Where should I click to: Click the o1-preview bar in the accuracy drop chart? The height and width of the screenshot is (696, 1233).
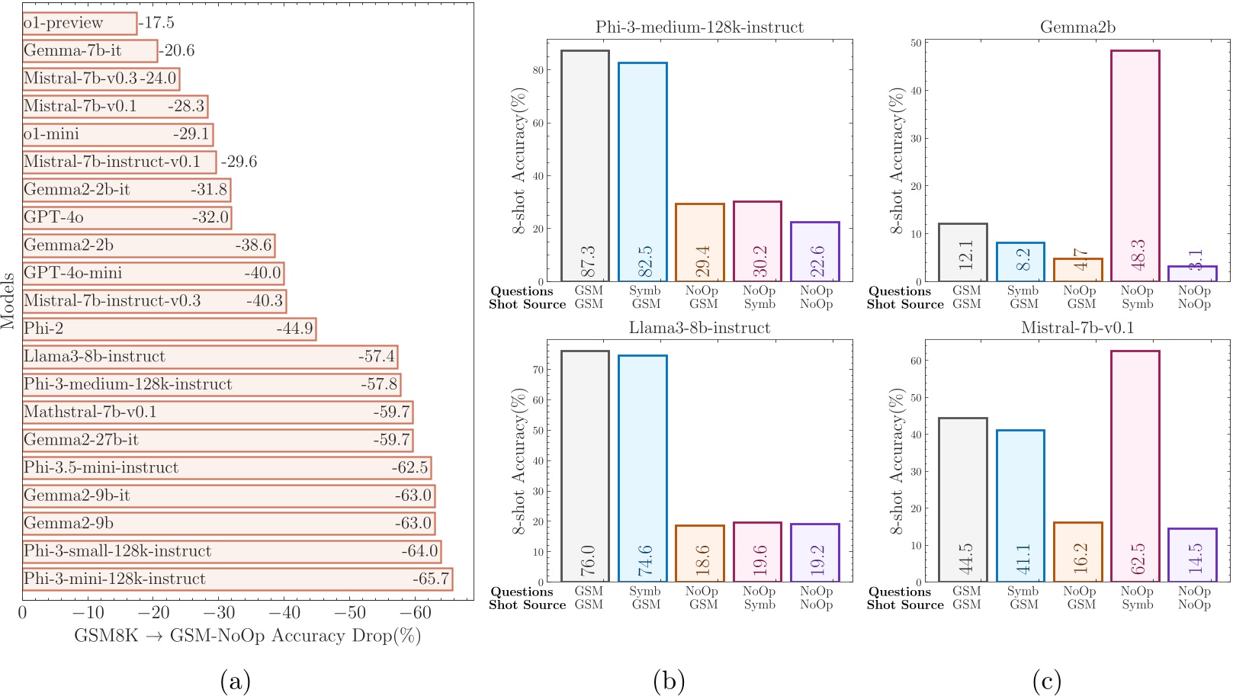pos(79,23)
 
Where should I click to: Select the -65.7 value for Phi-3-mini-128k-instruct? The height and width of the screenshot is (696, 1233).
pos(431,579)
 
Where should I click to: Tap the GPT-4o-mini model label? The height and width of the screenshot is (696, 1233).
pos(72,273)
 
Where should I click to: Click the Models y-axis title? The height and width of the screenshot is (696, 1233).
pos(8,300)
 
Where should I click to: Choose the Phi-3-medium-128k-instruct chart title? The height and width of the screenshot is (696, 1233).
pos(699,27)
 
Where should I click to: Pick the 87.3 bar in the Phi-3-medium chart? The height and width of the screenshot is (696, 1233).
pos(585,166)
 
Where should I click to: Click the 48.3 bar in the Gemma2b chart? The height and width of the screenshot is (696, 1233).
pos(1135,166)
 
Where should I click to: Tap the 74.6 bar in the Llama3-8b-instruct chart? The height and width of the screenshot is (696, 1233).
pos(642,469)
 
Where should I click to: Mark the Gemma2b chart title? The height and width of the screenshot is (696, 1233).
pos(1077,27)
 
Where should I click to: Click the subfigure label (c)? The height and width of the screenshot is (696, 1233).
pos(1046,681)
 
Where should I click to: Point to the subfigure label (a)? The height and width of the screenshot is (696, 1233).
pos(235,681)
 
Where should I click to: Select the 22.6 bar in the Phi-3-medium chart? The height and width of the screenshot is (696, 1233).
pos(814,252)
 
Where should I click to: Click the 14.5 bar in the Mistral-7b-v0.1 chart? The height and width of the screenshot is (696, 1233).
pos(1192,555)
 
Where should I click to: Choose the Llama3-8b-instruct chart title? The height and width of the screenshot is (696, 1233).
pos(699,328)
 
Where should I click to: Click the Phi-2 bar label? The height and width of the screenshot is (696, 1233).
pos(43,329)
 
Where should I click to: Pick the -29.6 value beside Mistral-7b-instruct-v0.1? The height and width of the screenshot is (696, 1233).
pos(239,162)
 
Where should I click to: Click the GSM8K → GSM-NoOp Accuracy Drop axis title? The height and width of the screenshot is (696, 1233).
pos(247,636)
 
